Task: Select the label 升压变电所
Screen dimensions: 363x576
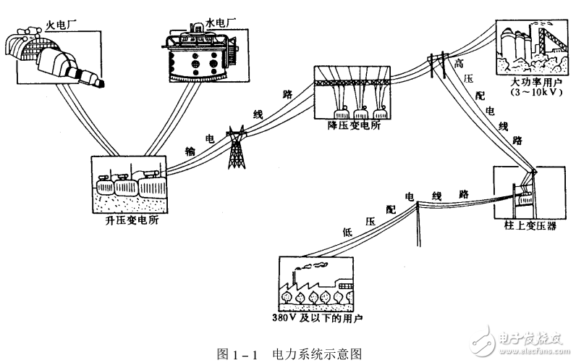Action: pyautogui.click(x=127, y=222)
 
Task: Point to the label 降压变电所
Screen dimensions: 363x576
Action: pyautogui.click(x=354, y=127)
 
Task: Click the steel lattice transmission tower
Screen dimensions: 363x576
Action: pyautogui.click(x=236, y=148)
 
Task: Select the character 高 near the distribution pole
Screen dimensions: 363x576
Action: pyautogui.click(x=457, y=64)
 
